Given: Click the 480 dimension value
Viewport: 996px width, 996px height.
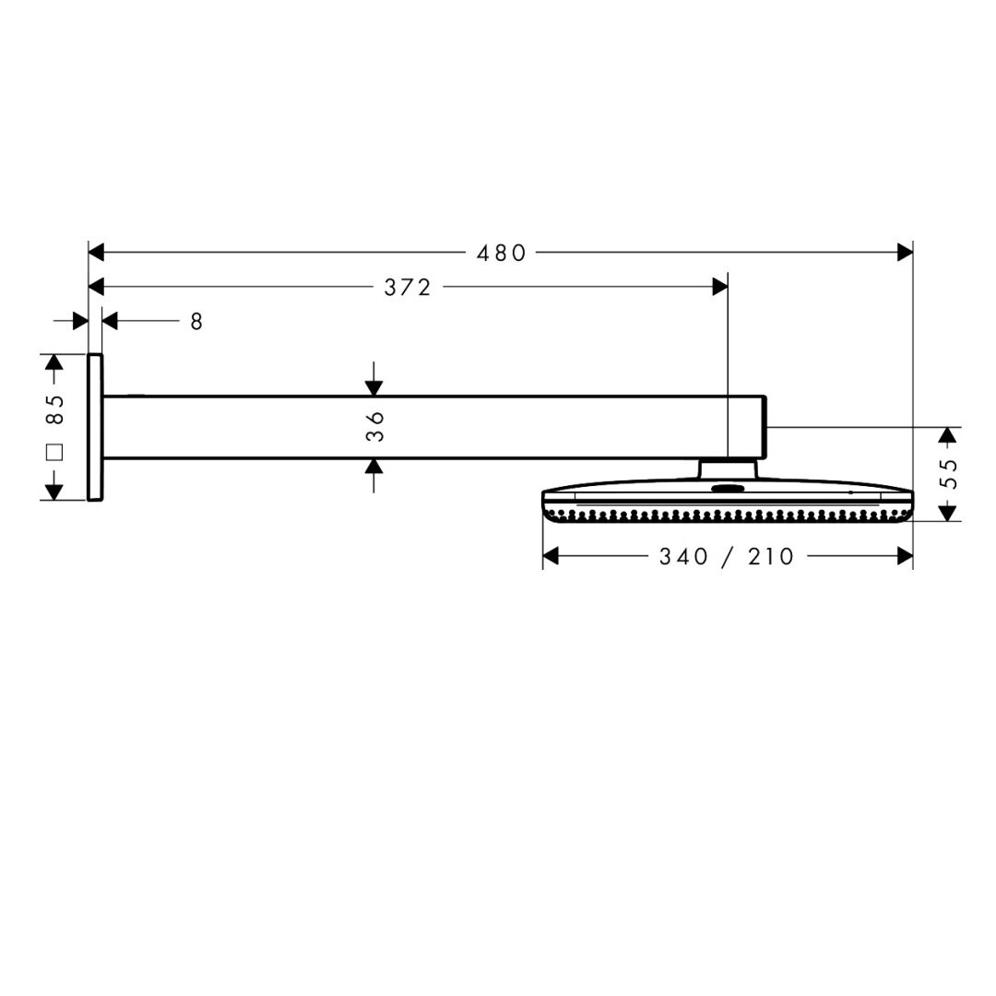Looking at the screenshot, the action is [501, 254].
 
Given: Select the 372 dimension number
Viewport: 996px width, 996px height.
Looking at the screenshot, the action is [408, 288].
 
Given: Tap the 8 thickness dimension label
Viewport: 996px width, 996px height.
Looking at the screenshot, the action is [196, 322].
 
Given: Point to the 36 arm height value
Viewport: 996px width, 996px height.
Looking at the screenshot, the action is [375, 426].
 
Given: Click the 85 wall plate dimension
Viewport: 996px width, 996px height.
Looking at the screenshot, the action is [54, 410].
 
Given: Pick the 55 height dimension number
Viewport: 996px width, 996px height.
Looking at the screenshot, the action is [947, 474].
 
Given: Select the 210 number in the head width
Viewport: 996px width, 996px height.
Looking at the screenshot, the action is [770, 557].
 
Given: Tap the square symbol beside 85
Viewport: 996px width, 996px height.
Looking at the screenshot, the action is [54, 452].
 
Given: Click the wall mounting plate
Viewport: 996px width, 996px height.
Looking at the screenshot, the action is [95, 428].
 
